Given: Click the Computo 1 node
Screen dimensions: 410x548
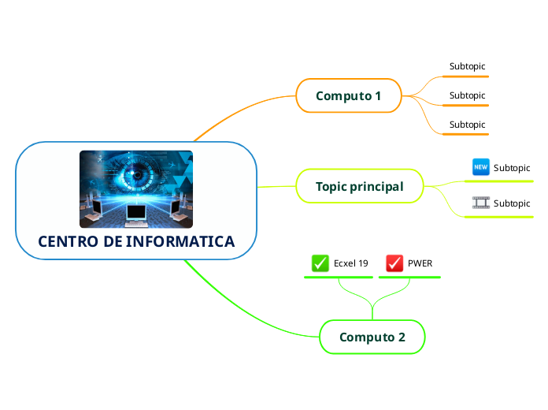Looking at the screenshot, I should tap(348, 96).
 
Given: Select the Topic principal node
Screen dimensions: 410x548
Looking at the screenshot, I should tap(359, 187).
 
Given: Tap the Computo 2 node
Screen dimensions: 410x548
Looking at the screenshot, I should tap(372, 337).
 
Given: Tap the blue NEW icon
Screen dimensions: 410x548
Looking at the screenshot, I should tap(480, 167).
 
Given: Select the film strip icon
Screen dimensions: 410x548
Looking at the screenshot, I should tap(480, 203).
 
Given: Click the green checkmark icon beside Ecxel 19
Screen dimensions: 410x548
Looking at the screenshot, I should tap(320, 263).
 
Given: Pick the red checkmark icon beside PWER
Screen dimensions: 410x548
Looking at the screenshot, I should tap(394, 263).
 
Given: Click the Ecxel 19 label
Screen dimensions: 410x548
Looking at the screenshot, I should tap(351, 263).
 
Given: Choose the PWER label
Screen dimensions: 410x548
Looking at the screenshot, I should tap(420, 263).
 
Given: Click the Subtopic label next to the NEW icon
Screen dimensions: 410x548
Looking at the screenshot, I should tap(512, 168).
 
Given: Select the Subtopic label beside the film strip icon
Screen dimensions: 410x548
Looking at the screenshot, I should tap(512, 203).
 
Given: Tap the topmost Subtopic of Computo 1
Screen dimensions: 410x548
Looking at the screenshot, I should tap(467, 66).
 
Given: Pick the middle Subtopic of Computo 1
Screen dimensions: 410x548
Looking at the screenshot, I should tap(467, 95).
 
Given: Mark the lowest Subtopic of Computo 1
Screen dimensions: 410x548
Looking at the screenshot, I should tap(467, 125).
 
